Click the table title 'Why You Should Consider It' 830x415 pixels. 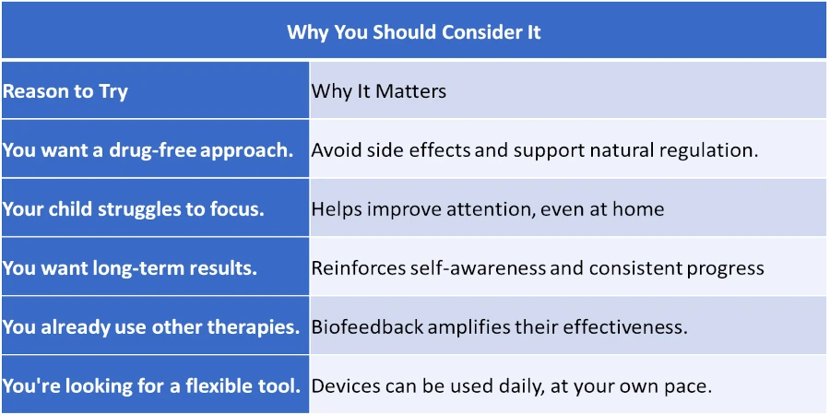tap(414, 32)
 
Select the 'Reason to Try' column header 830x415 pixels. tap(65, 91)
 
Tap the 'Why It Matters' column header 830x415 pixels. tap(378, 91)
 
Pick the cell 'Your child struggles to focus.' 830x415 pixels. tap(134, 209)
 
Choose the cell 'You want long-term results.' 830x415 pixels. tap(130, 267)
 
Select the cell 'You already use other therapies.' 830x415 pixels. tap(151, 326)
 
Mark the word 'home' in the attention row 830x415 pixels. tap(638, 209)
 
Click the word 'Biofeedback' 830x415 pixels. tap(367, 326)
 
